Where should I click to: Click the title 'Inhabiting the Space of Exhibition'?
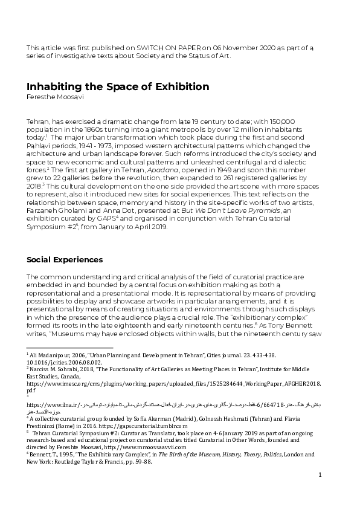[x=118, y=86]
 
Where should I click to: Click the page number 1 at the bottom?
[x=320, y=475]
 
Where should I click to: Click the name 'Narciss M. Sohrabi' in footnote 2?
[x=57, y=367]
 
